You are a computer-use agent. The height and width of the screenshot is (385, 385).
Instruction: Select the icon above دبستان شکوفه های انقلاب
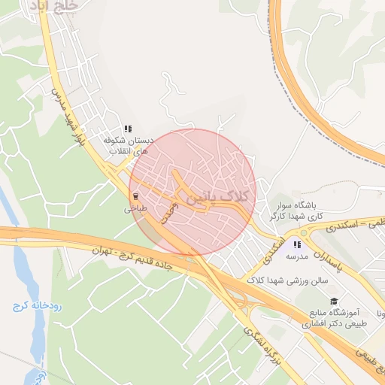click(x=128, y=129)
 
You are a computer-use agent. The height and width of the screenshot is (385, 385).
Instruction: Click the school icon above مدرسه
click(x=298, y=244)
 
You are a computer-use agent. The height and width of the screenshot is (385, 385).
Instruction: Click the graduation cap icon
click(x=334, y=301)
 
